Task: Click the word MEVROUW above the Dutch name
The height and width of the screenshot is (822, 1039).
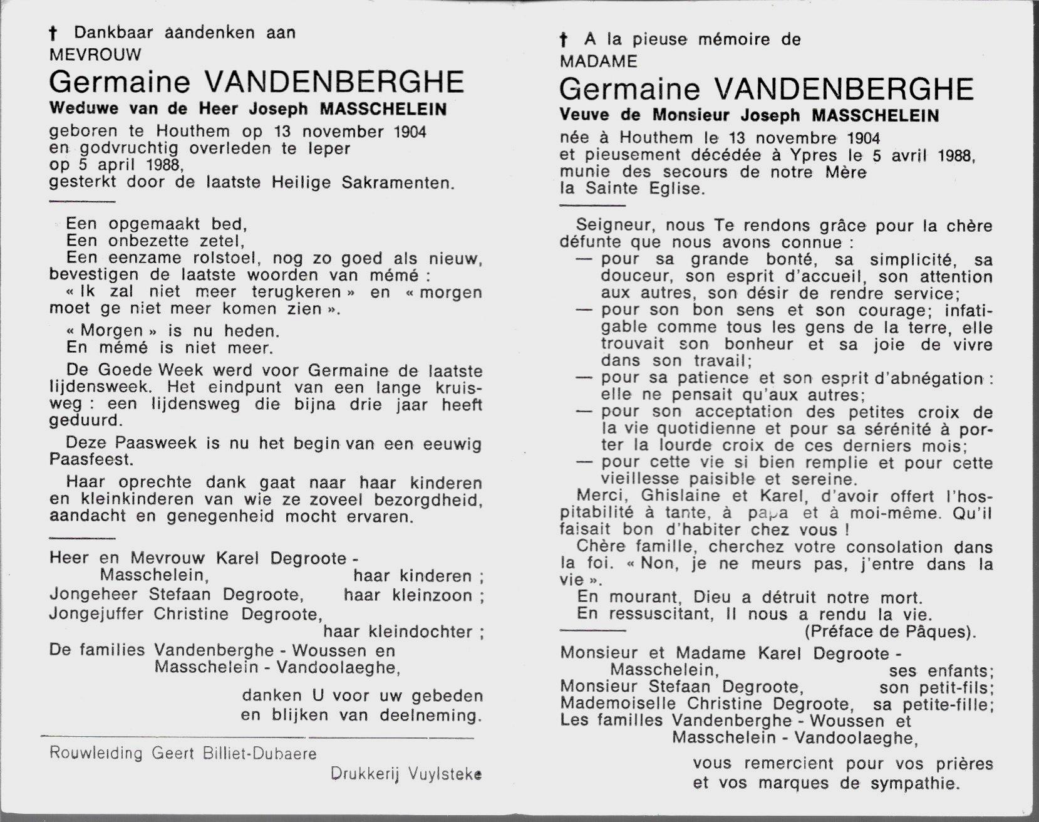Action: (95, 55)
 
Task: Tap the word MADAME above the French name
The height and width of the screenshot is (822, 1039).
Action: (599, 61)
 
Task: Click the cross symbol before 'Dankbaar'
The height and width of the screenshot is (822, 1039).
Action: (59, 34)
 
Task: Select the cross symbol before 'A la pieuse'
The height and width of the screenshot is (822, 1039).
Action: (564, 41)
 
